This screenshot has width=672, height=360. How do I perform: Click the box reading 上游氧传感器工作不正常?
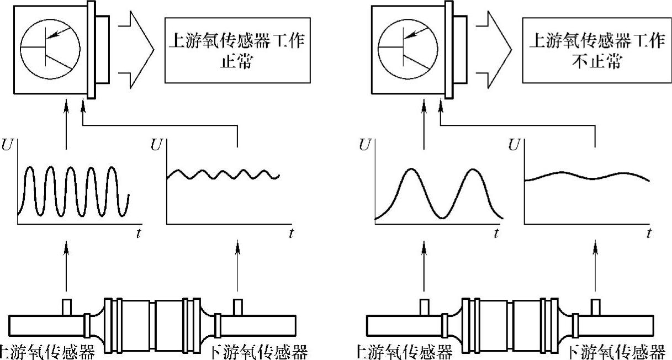point(595,51)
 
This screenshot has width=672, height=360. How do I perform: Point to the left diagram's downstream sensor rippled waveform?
point(223,175)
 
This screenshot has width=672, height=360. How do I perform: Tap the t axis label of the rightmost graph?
point(649,233)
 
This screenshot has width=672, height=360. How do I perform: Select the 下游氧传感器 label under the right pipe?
point(617,352)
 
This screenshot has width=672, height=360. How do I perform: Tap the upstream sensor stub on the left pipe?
point(67,306)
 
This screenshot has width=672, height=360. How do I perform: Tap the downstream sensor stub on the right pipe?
point(596,306)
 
